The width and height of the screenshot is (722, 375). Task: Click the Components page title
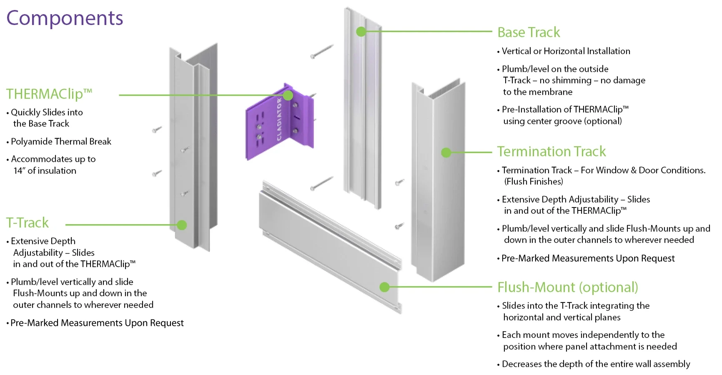(x=65, y=18)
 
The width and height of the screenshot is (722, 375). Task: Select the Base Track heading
(x=529, y=32)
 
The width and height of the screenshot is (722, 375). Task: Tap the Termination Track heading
(x=551, y=152)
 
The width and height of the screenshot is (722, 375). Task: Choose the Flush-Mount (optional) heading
(x=567, y=287)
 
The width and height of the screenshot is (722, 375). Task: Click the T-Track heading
(x=28, y=223)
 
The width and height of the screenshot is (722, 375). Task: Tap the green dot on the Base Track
(x=361, y=32)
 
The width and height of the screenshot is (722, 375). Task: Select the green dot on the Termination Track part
(x=446, y=152)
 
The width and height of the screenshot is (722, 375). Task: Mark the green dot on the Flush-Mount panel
(x=384, y=287)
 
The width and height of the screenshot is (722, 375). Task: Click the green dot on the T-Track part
(x=181, y=225)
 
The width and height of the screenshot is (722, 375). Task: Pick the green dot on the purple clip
(x=288, y=95)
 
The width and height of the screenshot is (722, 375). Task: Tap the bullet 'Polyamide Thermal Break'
(x=61, y=142)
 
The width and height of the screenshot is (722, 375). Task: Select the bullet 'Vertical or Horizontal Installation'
(x=566, y=51)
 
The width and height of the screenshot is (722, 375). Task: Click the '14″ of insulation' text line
(x=45, y=171)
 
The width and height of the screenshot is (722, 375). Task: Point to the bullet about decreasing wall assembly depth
(x=596, y=364)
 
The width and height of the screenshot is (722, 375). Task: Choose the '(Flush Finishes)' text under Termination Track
(x=534, y=182)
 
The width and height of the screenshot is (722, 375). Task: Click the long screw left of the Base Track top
(x=322, y=52)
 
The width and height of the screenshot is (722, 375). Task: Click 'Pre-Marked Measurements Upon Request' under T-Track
(x=97, y=323)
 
